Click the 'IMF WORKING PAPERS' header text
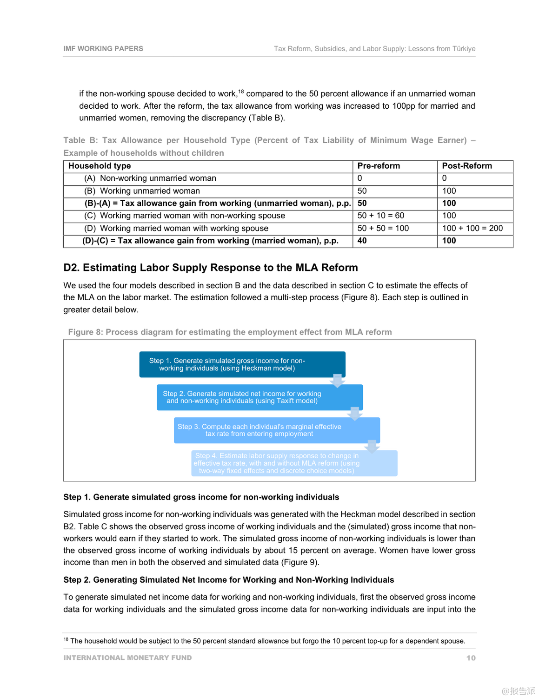103,48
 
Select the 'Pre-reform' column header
379,166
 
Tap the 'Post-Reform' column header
466,166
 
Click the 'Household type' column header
100,166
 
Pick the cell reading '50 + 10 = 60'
380,216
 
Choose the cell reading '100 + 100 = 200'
472,228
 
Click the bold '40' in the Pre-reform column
362,241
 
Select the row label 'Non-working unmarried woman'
158,178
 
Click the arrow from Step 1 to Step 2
337,381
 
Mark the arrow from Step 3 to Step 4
372,446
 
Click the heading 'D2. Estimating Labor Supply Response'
211,268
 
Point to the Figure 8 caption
230,332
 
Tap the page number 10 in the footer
471,658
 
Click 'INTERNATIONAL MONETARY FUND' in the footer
127,658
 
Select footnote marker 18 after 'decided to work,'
241,92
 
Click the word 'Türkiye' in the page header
464,49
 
